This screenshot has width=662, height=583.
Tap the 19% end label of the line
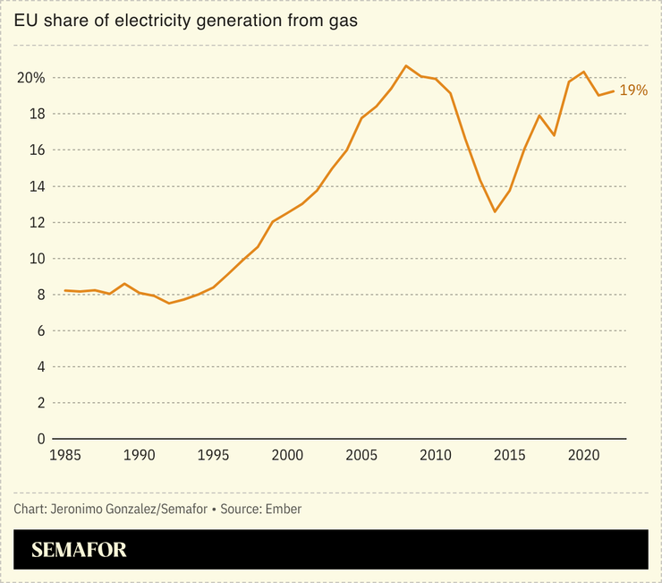pyautogui.click(x=632, y=90)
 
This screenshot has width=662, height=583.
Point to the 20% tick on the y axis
pyautogui.click(x=30, y=78)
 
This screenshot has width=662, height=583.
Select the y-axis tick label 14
pyautogui.click(x=36, y=186)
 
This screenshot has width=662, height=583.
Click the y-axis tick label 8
pyautogui.click(x=40, y=295)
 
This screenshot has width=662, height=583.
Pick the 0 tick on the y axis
pyautogui.click(x=40, y=439)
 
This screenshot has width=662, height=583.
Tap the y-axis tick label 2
pyautogui.click(x=40, y=403)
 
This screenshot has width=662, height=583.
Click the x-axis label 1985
pyautogui.click(x=64, y=456)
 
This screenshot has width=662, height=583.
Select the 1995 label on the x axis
pyautogui.click(x=212, y=456)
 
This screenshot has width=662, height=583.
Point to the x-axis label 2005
pyautogui.click(x=361, y=456)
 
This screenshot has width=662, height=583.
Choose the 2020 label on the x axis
pyautogui.click(x=583, y=456)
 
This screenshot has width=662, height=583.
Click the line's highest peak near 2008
pyautogui.click(x=406, y=65)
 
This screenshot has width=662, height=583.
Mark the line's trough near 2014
pyautogui.click(x=495, y=211)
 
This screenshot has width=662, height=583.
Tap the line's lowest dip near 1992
pyautogui.click(x=168, y=304)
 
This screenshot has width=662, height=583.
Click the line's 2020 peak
pyautogui.click(x=583, y=72)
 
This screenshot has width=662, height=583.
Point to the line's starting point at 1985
pyautogui.click(x=64, y=290)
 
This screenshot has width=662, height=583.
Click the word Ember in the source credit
pyautogui.click(x=284, y=509)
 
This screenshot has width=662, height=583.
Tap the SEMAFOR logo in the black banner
pyautogui.click(x=79, y=550)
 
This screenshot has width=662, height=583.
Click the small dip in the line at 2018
pyautogui.click(x=555, y=135)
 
